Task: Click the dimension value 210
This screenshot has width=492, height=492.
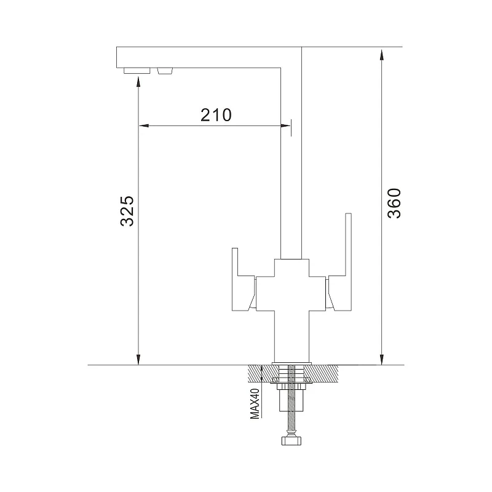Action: coord(216,115)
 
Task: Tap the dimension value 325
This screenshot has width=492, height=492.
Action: coord(127,211)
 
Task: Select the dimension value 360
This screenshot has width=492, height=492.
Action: coord(394,204)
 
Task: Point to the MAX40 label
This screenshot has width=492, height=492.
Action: coord(255,403)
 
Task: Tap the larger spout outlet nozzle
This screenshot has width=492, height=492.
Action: coord(137,71)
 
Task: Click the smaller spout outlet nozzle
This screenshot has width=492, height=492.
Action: coord(165,71)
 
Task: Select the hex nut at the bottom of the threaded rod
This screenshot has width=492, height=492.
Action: coord(292,441)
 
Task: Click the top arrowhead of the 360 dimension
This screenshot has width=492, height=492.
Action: coord(381,54)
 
